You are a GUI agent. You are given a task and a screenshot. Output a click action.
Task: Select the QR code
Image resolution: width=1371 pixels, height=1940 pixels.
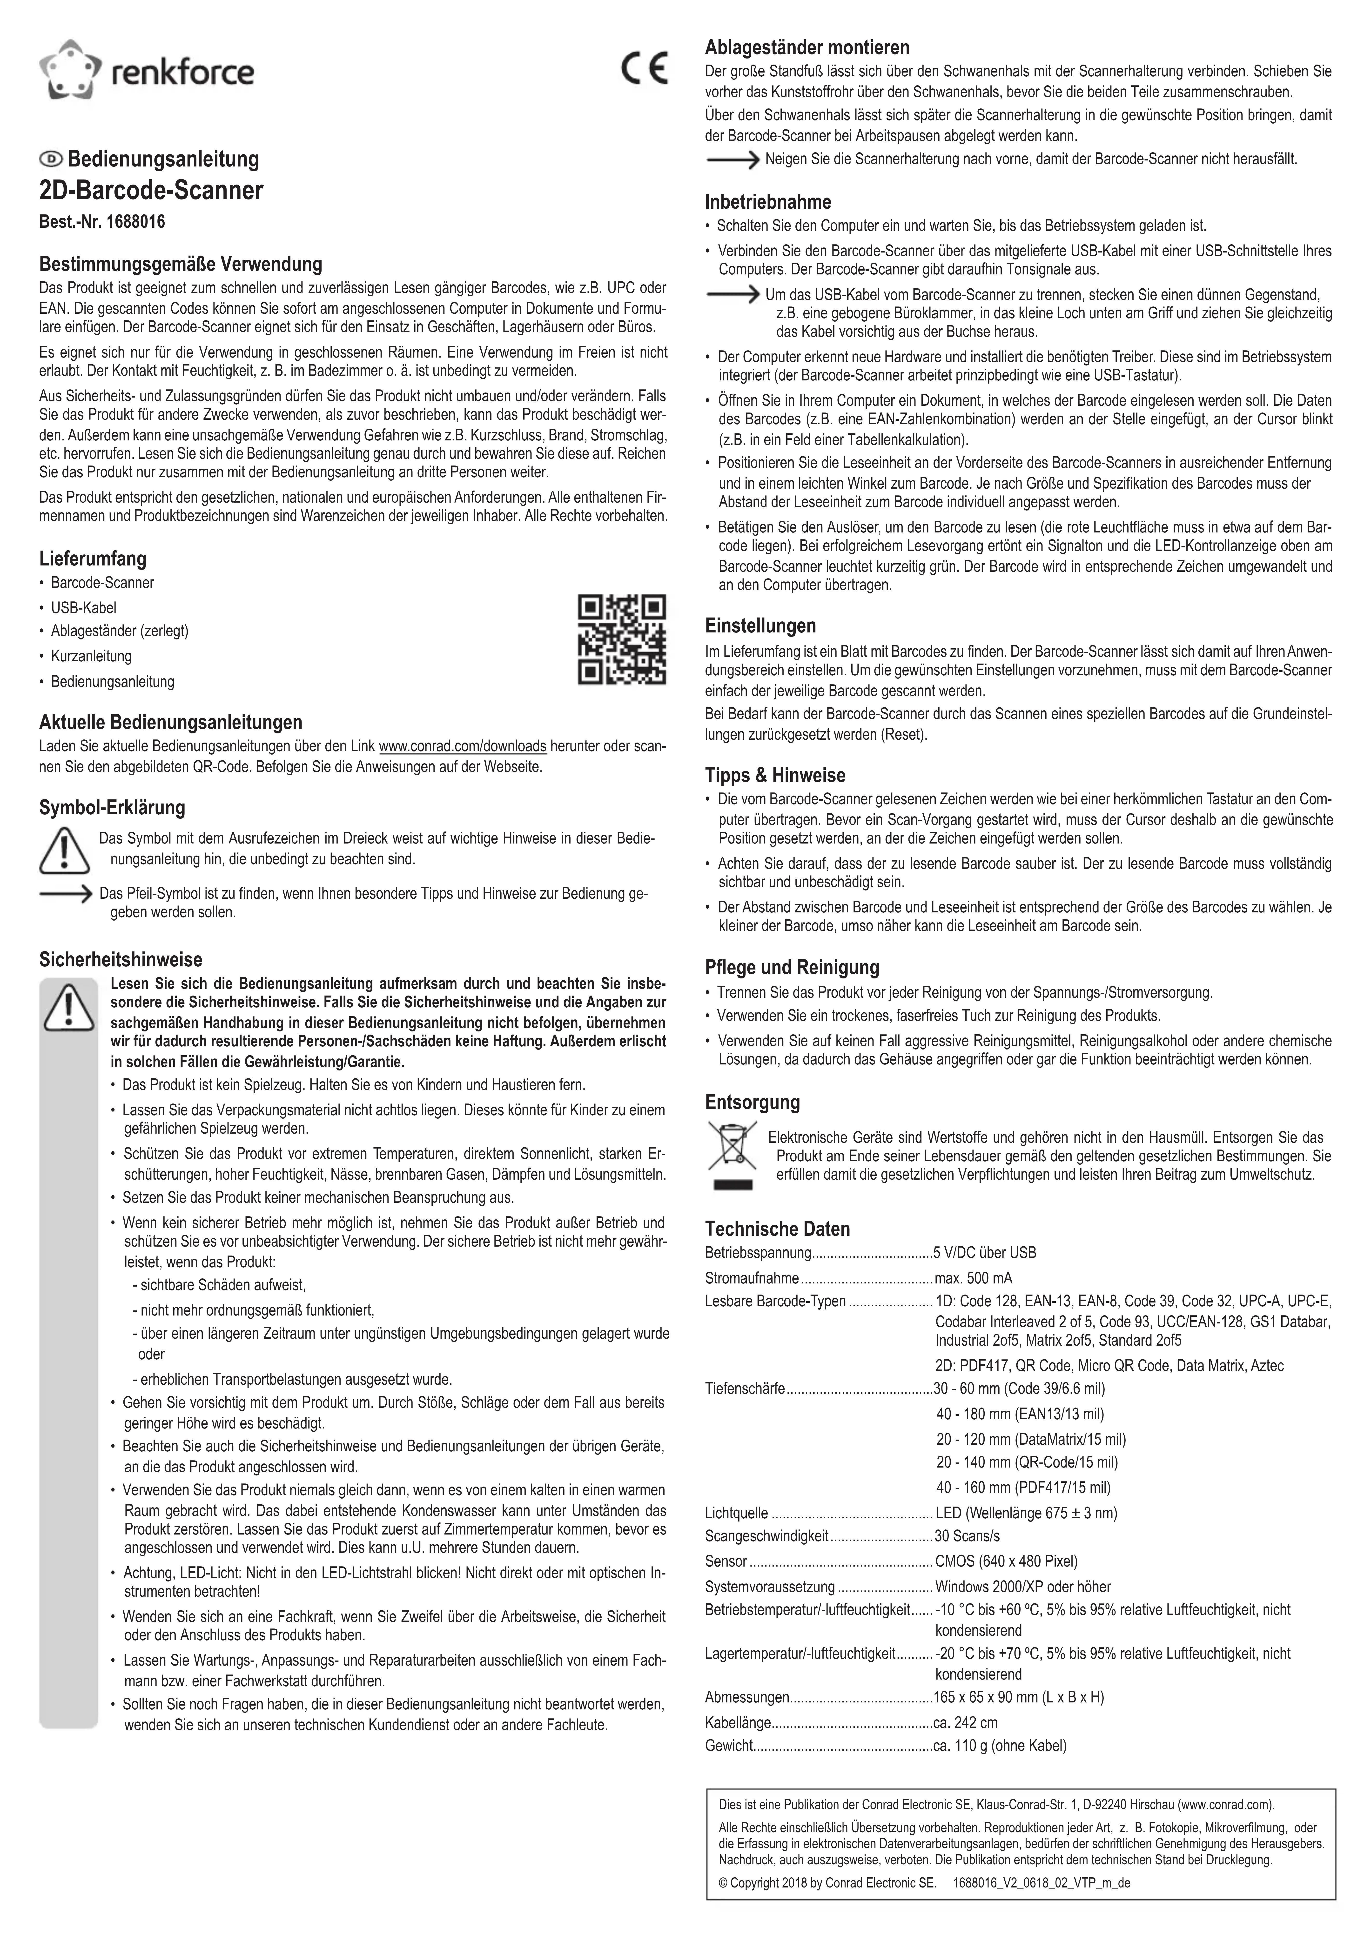(621, 640)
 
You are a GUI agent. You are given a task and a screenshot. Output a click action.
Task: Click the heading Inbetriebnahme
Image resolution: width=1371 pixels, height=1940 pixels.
(767, 202)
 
